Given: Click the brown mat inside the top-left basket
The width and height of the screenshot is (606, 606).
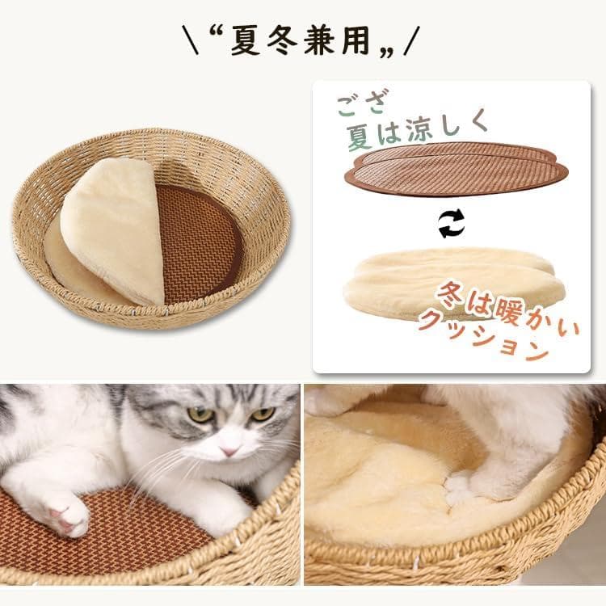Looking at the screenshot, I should point(202,242).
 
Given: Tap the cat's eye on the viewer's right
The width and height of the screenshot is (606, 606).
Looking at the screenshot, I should point(262,415).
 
